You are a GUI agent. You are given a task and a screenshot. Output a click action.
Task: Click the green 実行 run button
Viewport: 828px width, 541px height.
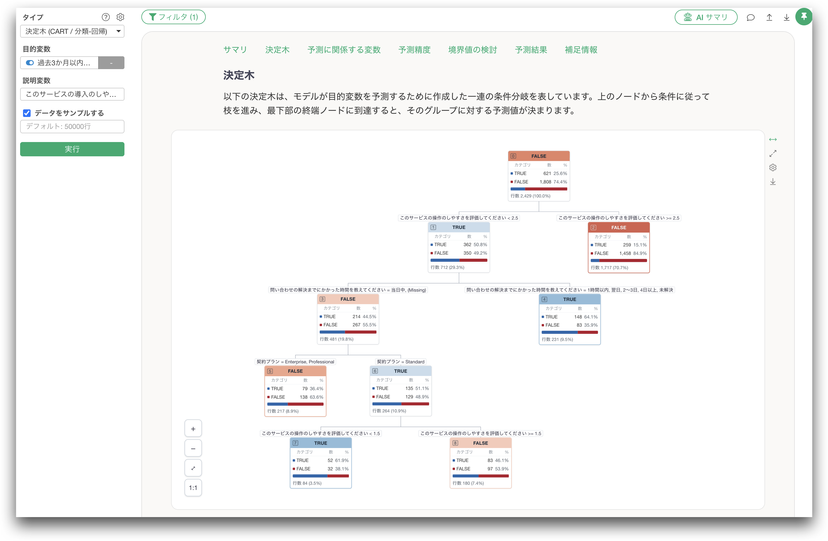(x=72, y=149)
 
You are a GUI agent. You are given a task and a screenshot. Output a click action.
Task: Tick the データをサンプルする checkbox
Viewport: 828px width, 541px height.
(x=27, y=113)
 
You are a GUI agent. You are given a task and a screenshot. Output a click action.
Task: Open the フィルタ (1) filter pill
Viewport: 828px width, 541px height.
(x=173, y=17)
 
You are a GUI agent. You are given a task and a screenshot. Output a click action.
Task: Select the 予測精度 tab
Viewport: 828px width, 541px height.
(x=414, y=50)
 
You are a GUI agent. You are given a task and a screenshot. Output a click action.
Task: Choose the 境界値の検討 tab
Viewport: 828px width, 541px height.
(x=472, y=50)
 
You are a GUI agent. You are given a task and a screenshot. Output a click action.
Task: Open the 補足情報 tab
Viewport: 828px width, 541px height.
(x=581, y=50)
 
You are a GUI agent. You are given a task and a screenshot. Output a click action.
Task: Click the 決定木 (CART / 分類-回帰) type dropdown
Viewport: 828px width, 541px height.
(x=72, y=31)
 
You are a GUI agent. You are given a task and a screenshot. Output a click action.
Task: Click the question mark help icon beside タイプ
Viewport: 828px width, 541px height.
(x=106, y=17)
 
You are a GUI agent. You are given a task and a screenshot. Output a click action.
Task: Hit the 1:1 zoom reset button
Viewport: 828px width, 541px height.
(x=193, y=488)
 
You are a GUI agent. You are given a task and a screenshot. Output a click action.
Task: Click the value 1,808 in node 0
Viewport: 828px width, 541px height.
(x=545, y=182)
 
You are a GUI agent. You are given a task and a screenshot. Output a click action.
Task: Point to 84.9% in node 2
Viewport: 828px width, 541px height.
(x=640, y=253)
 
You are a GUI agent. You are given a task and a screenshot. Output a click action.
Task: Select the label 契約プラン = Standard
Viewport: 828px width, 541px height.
(x=400, y=362)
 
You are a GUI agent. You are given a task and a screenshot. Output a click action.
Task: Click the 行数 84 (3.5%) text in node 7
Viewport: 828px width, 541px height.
(x=307, y=483)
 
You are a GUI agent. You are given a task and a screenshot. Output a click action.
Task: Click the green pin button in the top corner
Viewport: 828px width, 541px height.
(x=804, y=16)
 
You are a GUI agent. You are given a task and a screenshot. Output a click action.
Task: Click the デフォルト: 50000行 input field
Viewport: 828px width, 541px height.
(x=72, y=126)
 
